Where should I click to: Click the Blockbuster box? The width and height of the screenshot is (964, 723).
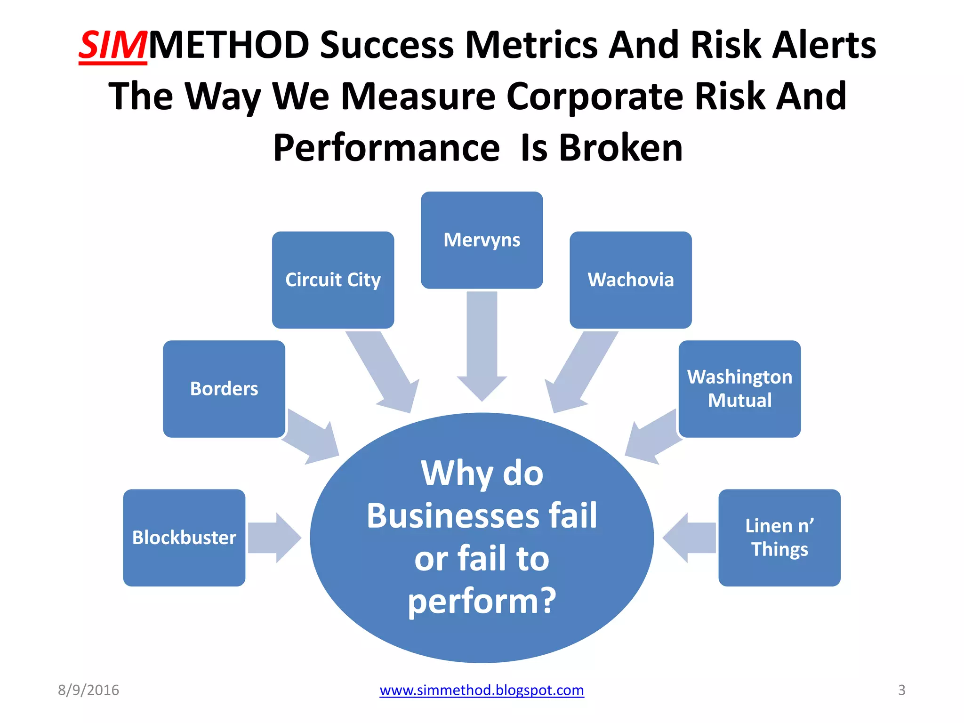click(184, 538)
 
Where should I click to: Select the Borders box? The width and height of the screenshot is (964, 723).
click(224, 389)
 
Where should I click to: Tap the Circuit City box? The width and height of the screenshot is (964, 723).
click(333, 280)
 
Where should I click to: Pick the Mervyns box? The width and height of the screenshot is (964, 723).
click(482, 240)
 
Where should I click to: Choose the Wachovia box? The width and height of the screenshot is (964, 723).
click(630, 280)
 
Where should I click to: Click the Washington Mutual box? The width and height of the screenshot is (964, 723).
click(739, 389)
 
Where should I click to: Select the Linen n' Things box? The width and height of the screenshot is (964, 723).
click(779, 538)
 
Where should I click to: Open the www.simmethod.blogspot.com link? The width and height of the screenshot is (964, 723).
click(482, 690)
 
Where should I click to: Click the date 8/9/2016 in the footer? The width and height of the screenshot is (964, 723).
click(88, 690)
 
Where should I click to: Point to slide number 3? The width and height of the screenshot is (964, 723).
click(901, 690)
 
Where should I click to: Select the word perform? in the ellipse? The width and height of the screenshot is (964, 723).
click(482, 601)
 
